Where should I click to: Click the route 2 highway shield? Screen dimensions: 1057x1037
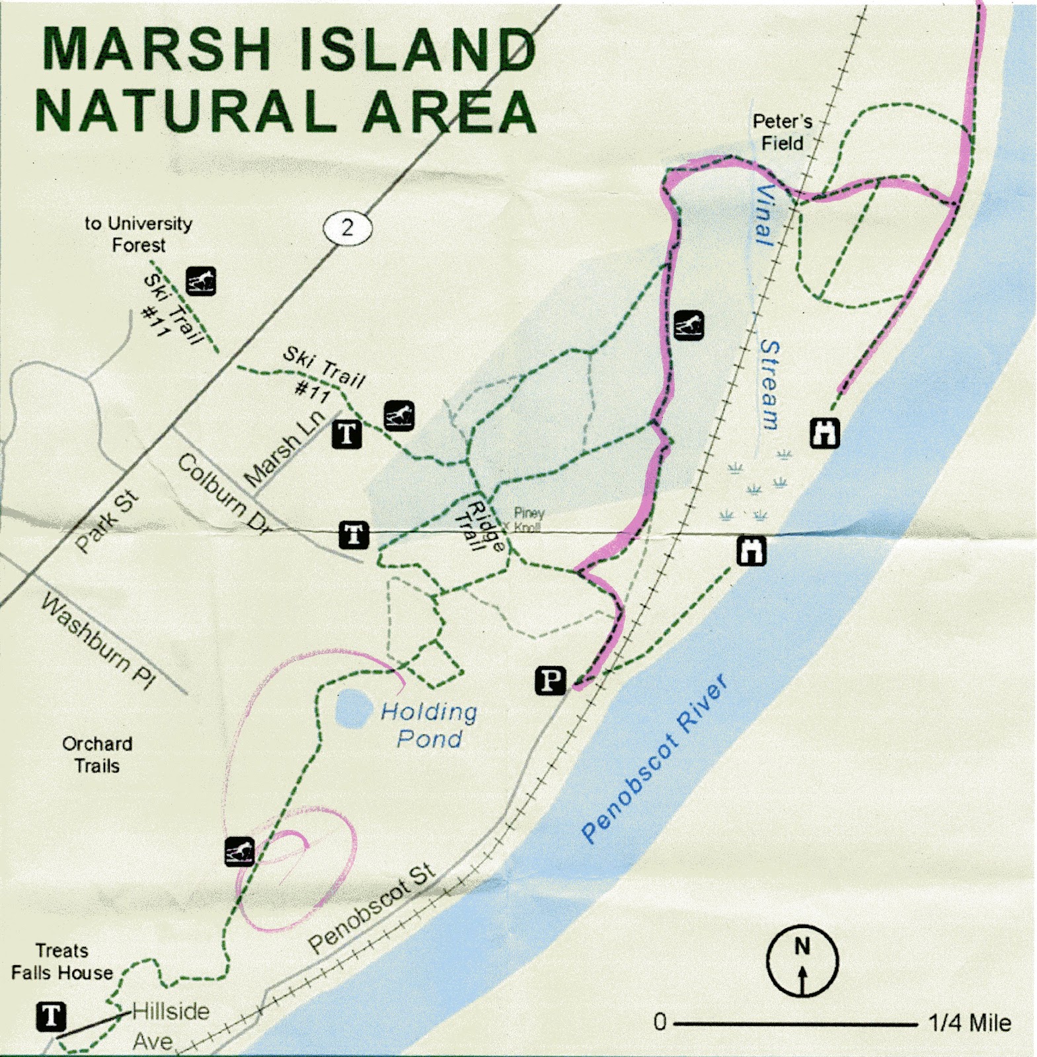pyautogui.click(x=348, y=229)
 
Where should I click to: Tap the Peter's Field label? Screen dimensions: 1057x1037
pyautogui.click(x=782, y=132)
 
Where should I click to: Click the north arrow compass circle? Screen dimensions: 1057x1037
pyautogui.click(x=802, y=960)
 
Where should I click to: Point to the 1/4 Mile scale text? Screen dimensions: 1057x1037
pyautogui.click(x=969, y=1023)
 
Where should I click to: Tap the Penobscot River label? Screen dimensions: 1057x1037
pyautogui.click(x=654, y=760)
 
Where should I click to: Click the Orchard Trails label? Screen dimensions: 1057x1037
pyautogui.click(x=97, y=754)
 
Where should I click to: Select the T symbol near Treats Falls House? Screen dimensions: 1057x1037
pyautogui.click(x=51, y=1016)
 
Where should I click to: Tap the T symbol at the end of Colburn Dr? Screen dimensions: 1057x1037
pyautogui.click(x=354, y=534)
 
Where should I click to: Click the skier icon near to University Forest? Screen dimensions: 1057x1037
pyautogui.click(x=200, y=281)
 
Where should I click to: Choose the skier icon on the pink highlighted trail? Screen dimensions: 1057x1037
pyautogui.click(x=688, y=325)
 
